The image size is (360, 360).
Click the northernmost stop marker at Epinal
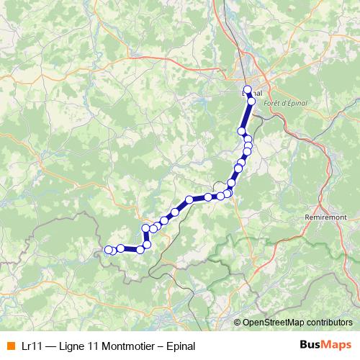(x=248, y=90)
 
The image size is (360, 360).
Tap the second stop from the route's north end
(x=251, y=102)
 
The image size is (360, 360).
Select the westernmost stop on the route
(x=109, y=250)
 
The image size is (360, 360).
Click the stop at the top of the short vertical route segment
(x=145, y=229)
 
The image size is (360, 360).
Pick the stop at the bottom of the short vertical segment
(x=147, y=245)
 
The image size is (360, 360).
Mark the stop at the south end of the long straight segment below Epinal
(x=242, y=131)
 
